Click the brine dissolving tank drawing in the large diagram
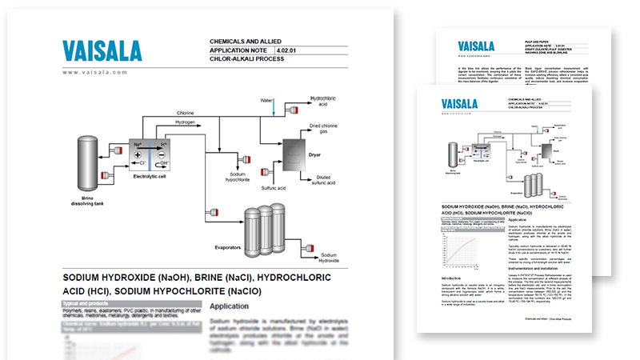click(88, 163)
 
